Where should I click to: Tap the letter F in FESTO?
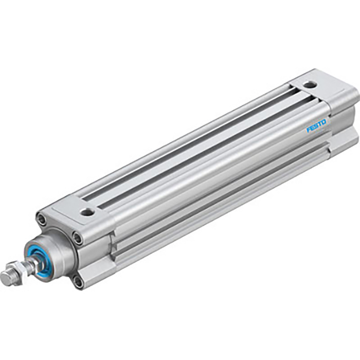pyautogui.click(x=309, y=130)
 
